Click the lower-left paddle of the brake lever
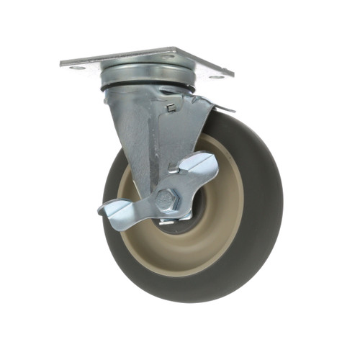(x=115, y=210)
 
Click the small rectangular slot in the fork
(x=171, y=108)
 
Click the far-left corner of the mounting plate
(x=62, y=64)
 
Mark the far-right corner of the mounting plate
(x=233, y=75)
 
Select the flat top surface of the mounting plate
(x=144, y=59)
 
